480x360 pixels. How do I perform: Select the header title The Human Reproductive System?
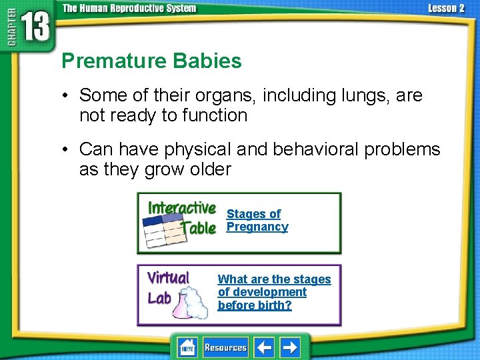click(129, 8)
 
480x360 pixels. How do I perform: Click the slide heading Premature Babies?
click(151, 61)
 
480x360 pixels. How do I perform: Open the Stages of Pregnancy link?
click(257, 220)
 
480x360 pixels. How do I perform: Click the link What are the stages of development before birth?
click(274, 292)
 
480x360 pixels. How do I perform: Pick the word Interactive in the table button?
click(181, 208)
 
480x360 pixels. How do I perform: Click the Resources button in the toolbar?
click(225, 347)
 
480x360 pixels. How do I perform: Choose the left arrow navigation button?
click(265, 347)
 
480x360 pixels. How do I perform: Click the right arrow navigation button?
click(289, 347)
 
